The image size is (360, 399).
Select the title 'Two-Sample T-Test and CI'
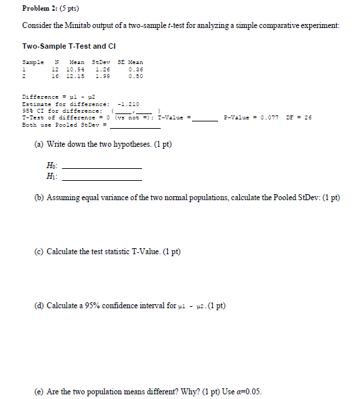coord(64,46)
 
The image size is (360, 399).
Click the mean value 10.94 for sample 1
coord(77,69)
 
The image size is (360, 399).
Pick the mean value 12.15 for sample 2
coord(77,75)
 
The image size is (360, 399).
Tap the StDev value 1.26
coord(102,69)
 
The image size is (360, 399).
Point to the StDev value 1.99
coord(102,75)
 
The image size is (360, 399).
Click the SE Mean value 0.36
coord(135,69)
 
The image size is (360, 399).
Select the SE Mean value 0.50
coord(135,75)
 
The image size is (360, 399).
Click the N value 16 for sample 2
coord(55,75)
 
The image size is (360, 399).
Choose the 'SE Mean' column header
coord(130,62)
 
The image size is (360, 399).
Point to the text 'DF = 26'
coord(300,118)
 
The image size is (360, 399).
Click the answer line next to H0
coord(101,167)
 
